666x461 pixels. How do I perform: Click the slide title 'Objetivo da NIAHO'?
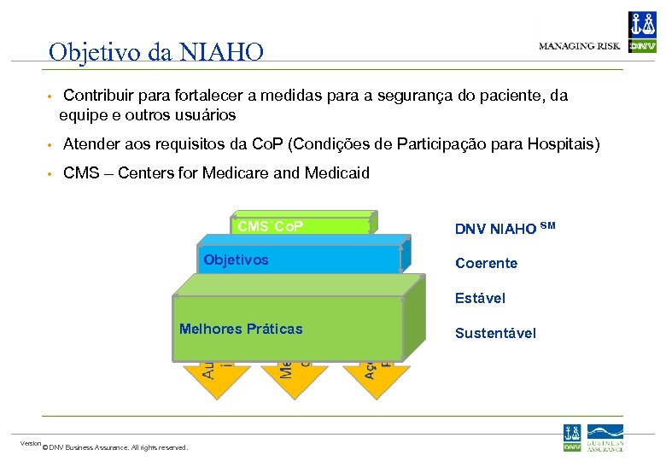pos(156,53)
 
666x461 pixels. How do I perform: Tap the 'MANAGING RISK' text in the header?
pos(579,46)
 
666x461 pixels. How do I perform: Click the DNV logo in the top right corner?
pos(642,32)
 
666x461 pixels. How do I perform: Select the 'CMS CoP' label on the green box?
pos(271,226)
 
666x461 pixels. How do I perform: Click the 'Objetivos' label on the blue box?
pos(236,260)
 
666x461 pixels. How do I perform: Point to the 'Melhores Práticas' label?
pos(241,329)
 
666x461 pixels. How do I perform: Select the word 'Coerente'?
pos(486,263)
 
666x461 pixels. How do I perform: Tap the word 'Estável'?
pos(480,298)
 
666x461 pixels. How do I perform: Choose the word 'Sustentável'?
pos(495,333)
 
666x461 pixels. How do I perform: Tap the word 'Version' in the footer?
pos(31,443)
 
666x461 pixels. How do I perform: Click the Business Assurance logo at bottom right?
pos(605,438)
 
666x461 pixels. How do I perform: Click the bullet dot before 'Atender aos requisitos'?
pos(51,146)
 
